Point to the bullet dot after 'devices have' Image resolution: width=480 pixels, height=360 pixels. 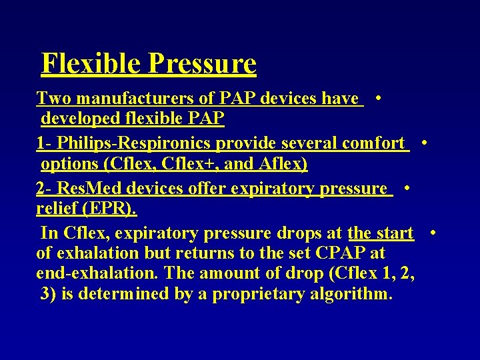click(378, 98)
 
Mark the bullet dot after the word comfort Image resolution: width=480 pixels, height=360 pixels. click(425, 143)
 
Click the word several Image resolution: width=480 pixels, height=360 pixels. click(311, 143)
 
